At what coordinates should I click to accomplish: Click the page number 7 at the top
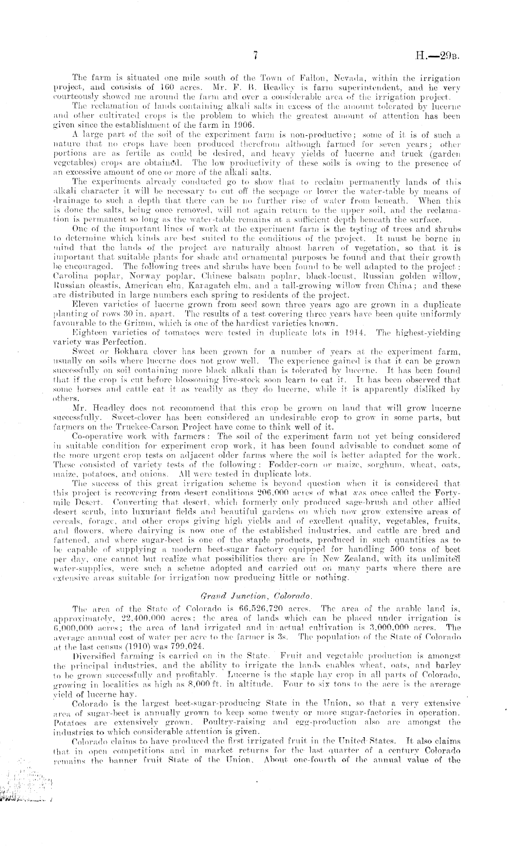pyautogui.click(x=256, y=56)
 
